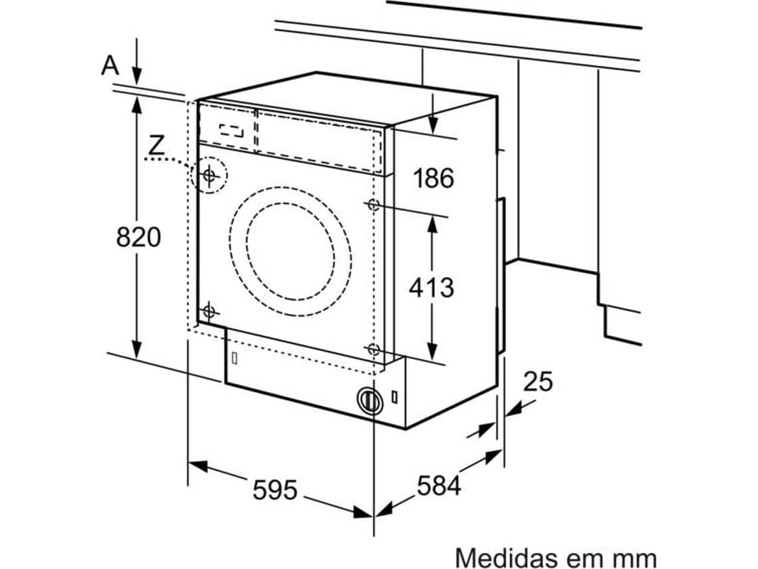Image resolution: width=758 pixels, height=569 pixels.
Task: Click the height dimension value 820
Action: pos(138,236)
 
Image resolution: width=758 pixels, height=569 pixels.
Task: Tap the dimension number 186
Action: pos(434,178)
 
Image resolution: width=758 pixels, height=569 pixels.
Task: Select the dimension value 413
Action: pos(432,287)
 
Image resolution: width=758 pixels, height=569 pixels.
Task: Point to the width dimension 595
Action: pos(275,490)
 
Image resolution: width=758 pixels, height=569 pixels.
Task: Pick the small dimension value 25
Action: pos(538,381)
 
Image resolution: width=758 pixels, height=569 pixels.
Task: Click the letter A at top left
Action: pos(110,65)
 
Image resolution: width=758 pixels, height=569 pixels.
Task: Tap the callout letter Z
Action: pos(156,145)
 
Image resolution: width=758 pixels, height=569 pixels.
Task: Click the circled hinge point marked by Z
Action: pos(209,176)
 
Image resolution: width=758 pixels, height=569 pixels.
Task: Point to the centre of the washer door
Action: pos(290,252)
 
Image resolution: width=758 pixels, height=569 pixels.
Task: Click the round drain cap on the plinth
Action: pos(370,401)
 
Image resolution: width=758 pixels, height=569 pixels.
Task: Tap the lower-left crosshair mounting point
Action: pos(209,310)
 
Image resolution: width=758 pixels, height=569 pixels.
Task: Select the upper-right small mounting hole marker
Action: pos(373,204)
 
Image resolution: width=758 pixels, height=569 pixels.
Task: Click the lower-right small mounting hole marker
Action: pos(373,349)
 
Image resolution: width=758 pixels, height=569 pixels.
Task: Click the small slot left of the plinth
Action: pos(234,357)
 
